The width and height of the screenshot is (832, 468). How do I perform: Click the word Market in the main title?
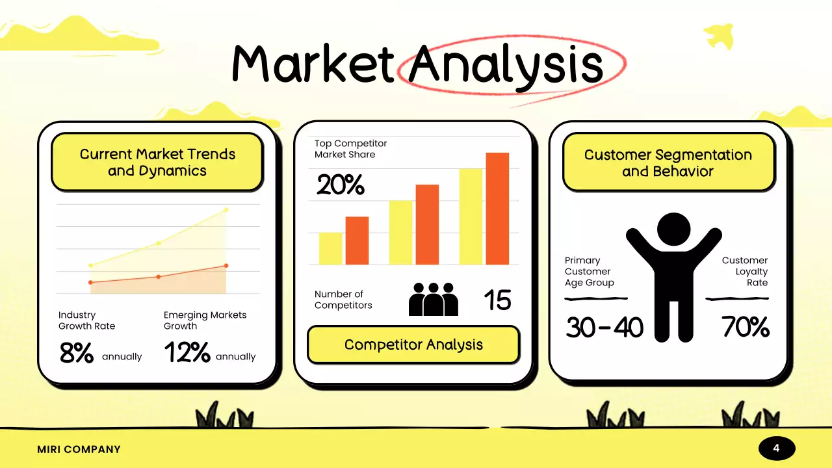click(313, 64)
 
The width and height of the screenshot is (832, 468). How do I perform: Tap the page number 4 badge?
click(776, 448)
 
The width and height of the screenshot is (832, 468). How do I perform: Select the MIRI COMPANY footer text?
click(79, 449)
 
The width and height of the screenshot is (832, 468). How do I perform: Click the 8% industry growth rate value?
click(76, 353)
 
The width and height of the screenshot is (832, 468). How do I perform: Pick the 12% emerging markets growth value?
click(187, 353)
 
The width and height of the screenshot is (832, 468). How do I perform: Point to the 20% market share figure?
click(340, 186)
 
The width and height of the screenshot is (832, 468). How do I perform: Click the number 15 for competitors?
click(497, 300)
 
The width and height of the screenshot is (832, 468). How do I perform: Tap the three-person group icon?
click(433, 300)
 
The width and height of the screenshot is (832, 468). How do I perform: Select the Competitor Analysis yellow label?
click(413, 344)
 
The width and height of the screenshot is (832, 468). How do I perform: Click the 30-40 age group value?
click(604, 328)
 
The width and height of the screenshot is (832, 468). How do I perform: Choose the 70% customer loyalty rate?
click(746, 328)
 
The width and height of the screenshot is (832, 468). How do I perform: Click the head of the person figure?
click(673, 229)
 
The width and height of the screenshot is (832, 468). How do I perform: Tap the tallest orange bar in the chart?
click(497, 208)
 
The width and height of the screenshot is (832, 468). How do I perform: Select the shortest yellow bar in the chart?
click(330, 248)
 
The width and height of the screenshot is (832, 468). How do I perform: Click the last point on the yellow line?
click(226, 209)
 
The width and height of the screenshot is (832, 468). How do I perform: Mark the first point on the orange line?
click(90, 282)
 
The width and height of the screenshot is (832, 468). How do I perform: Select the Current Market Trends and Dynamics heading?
click(157, 162)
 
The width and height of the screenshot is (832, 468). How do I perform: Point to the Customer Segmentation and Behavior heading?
click(668, 163)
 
